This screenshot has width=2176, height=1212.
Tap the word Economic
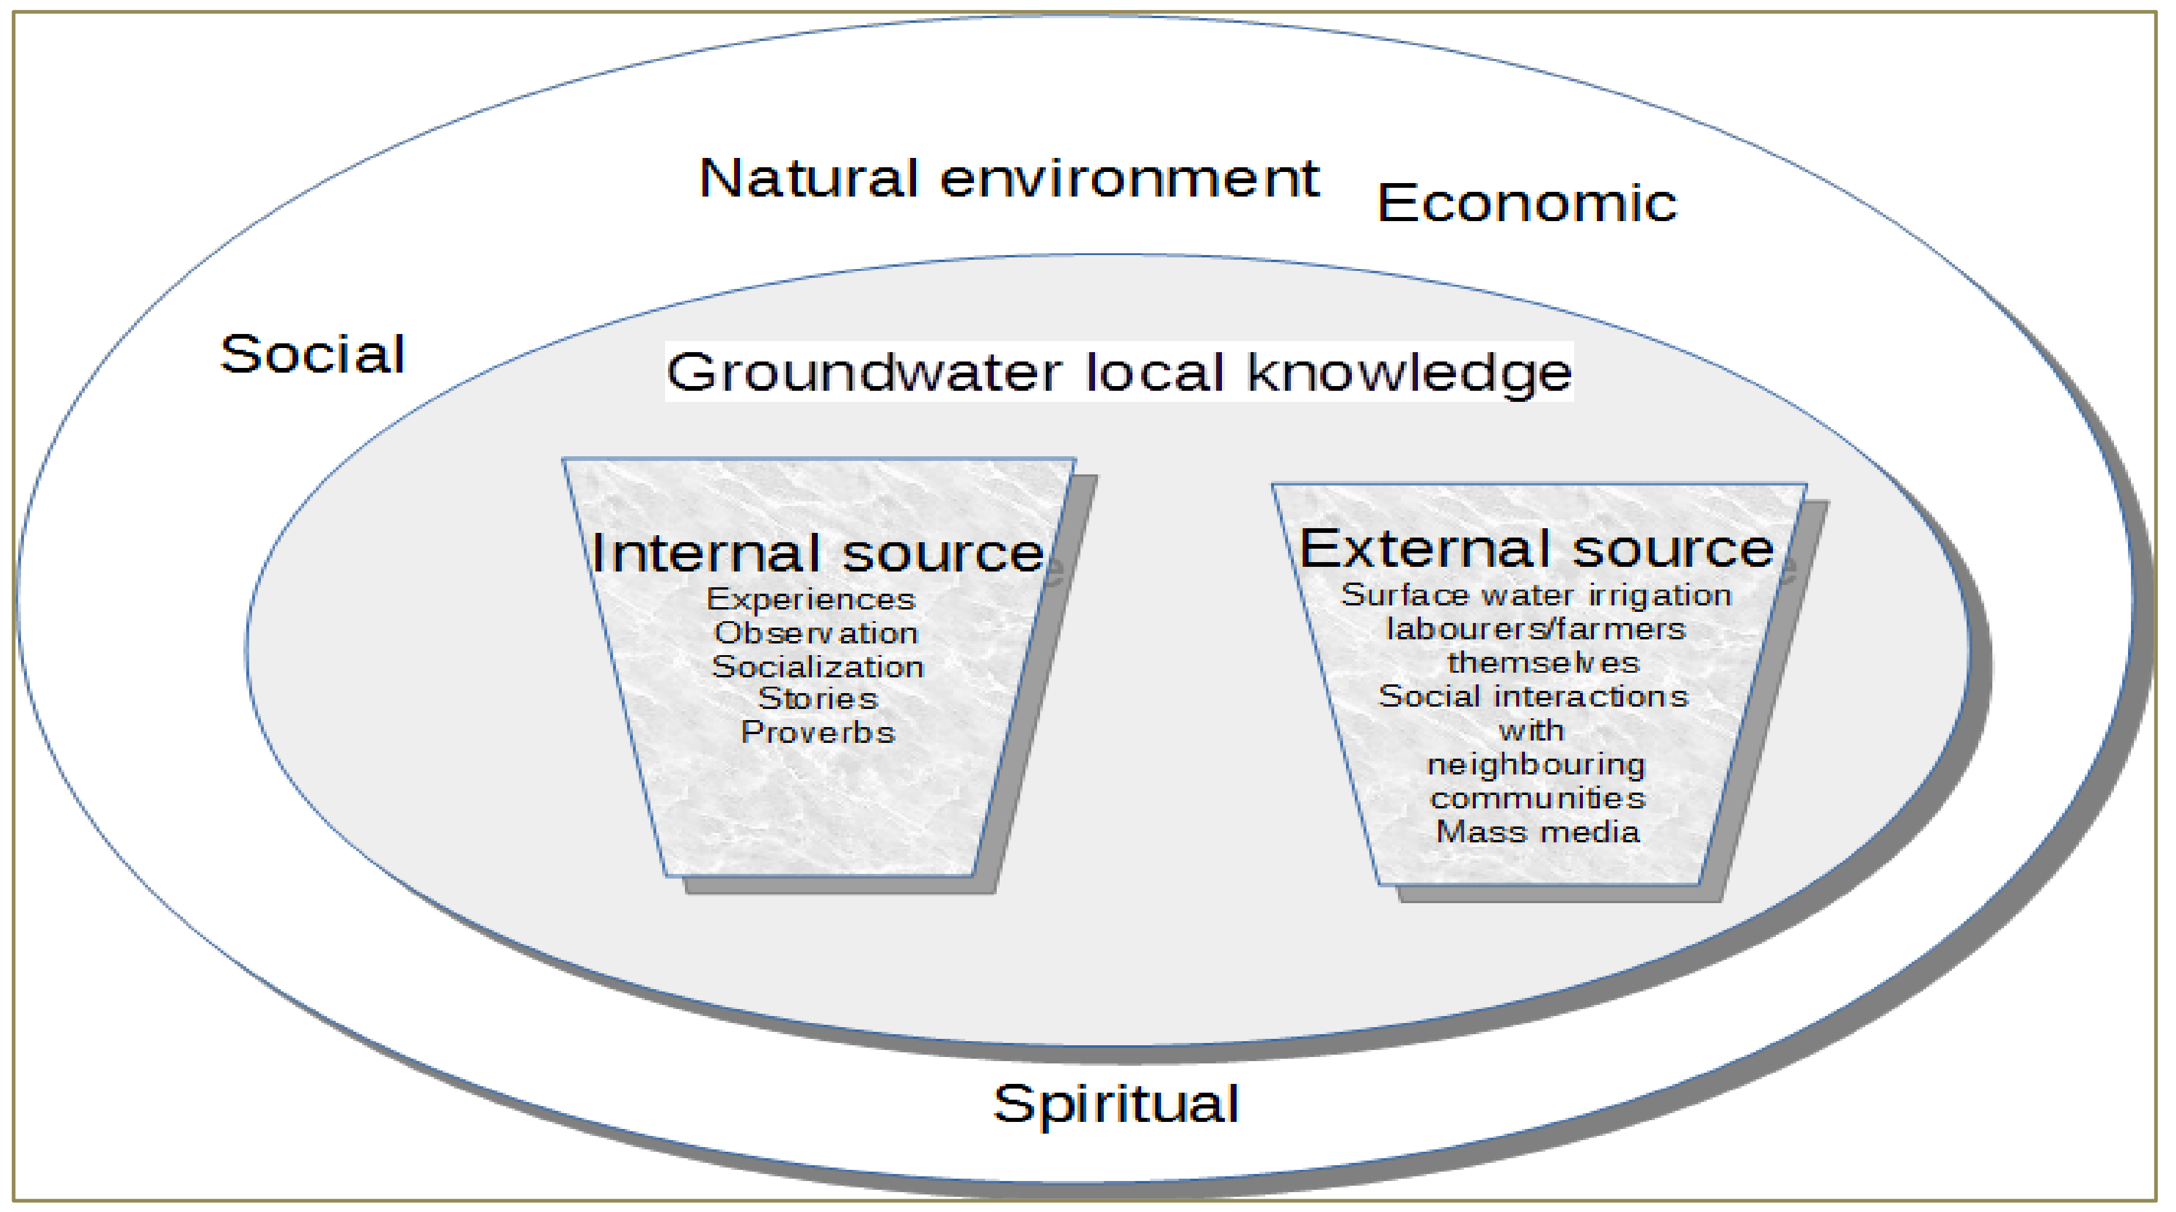pyautogui.click(x=1526, y=204)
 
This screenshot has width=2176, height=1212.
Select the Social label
pyautogui.click(x=312, y=354)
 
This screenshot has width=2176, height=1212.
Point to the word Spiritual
pyautogui.click(x=1116, y=1104)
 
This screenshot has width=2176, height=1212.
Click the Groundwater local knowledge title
pyautogui.click(x=1118, y=371)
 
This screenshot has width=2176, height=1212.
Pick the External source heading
pyautogui.click(x=1535, y=549)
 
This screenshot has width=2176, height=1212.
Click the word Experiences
pyautogui.click(x=811, y=600)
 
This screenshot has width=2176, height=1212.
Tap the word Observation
pyautogui.click(x=816, y=633)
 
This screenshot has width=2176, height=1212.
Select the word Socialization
pyautogui.click(x=818, y=667)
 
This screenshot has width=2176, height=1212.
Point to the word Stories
pyautogui.click(x=818, y=700)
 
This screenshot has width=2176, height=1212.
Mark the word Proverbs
pyautogui.click(x=818, y=732)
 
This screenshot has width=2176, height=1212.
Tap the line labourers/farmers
pyautogui.click(x=1535, y=629)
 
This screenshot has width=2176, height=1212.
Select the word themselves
pyautogui.click(x=1543, y=663)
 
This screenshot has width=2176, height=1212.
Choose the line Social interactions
pyautogui.click(x=1533, y=697)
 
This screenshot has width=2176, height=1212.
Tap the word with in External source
pyautogui.click(x=1531, y=731)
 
